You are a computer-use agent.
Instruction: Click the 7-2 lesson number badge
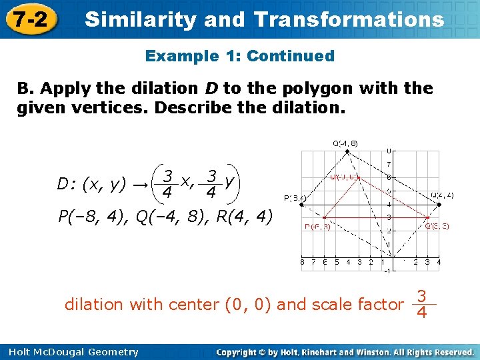click(29, 19)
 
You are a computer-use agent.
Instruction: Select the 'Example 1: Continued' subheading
click(240, 56)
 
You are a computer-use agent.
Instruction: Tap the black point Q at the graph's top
click(347, 151)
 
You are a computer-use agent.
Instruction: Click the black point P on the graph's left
click(302, 204)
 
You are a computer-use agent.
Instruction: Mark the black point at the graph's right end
click(438, 204)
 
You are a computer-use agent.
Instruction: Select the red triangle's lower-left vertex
click(324, 217)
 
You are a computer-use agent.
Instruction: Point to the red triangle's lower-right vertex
click(427, 217)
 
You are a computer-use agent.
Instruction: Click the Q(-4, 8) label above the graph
click(345, 143)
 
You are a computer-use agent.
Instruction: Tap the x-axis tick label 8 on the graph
click(303, 262)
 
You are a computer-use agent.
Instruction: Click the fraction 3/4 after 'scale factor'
click(421, 303)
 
